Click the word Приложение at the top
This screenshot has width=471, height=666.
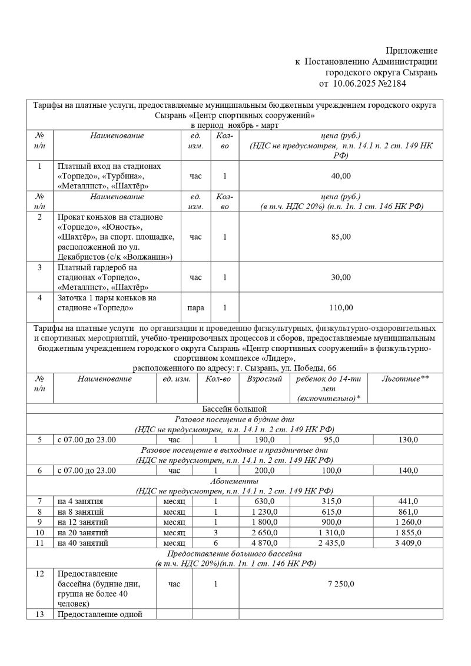[x=412, y=51]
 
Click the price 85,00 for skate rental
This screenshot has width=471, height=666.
[x=341, y=237]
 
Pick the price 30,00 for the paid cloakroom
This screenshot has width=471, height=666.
[x=341, y=277]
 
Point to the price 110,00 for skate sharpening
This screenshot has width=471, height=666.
[x=341, y=307]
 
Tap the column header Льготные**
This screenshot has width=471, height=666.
[x=405, y=379]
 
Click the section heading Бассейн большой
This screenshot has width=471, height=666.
[x=234, y=408]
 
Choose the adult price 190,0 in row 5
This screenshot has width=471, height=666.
[x=264, y=439]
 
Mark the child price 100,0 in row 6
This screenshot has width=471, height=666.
[x=331, y=470]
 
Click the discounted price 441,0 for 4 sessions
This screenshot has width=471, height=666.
[x=408, y=501]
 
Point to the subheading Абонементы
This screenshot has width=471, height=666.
[x=234, y=481]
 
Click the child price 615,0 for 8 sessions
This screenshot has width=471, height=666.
[x=331, y=512]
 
